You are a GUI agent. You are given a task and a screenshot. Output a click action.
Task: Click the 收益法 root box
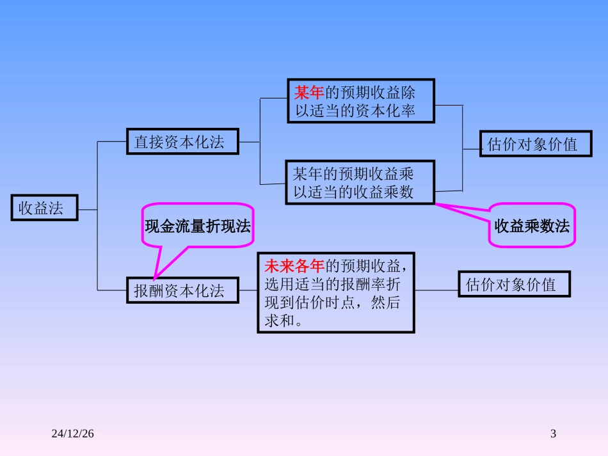point(44,208)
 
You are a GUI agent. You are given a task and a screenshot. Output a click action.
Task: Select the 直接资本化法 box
point(182,142)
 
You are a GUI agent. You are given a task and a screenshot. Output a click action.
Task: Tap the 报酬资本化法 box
point(182,291)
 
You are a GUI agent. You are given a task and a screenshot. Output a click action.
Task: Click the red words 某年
point(309,93)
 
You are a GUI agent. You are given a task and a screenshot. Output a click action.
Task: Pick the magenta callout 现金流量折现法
point(197,226)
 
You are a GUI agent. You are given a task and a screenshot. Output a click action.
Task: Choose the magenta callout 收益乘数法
point(532,226)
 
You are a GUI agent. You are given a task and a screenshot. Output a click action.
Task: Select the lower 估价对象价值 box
point(514,284)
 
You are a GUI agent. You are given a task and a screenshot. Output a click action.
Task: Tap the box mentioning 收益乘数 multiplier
point(360,183)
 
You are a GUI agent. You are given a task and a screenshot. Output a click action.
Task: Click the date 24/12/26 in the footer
point(73,434)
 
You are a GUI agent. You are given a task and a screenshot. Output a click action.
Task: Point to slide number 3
point(554,434)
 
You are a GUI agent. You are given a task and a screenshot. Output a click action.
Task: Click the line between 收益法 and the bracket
point(88,209)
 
